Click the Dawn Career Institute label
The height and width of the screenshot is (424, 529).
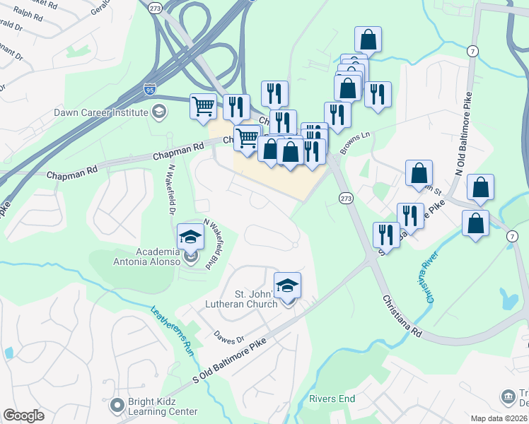[101, 112]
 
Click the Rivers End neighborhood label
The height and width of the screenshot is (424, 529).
[332, 399]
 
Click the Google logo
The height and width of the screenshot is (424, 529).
[23, 416]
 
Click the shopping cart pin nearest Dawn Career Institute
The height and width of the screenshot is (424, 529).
[204, 106]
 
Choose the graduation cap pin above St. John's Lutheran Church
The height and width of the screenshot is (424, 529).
[287, 285]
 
